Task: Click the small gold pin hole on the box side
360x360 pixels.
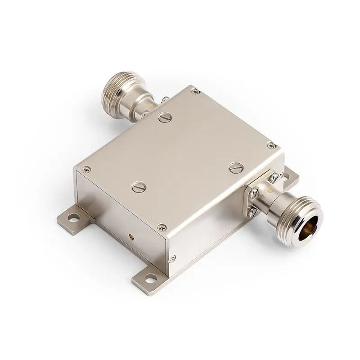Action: tap(131, 235)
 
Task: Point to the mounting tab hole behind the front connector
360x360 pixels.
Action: tap(286, 175)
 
